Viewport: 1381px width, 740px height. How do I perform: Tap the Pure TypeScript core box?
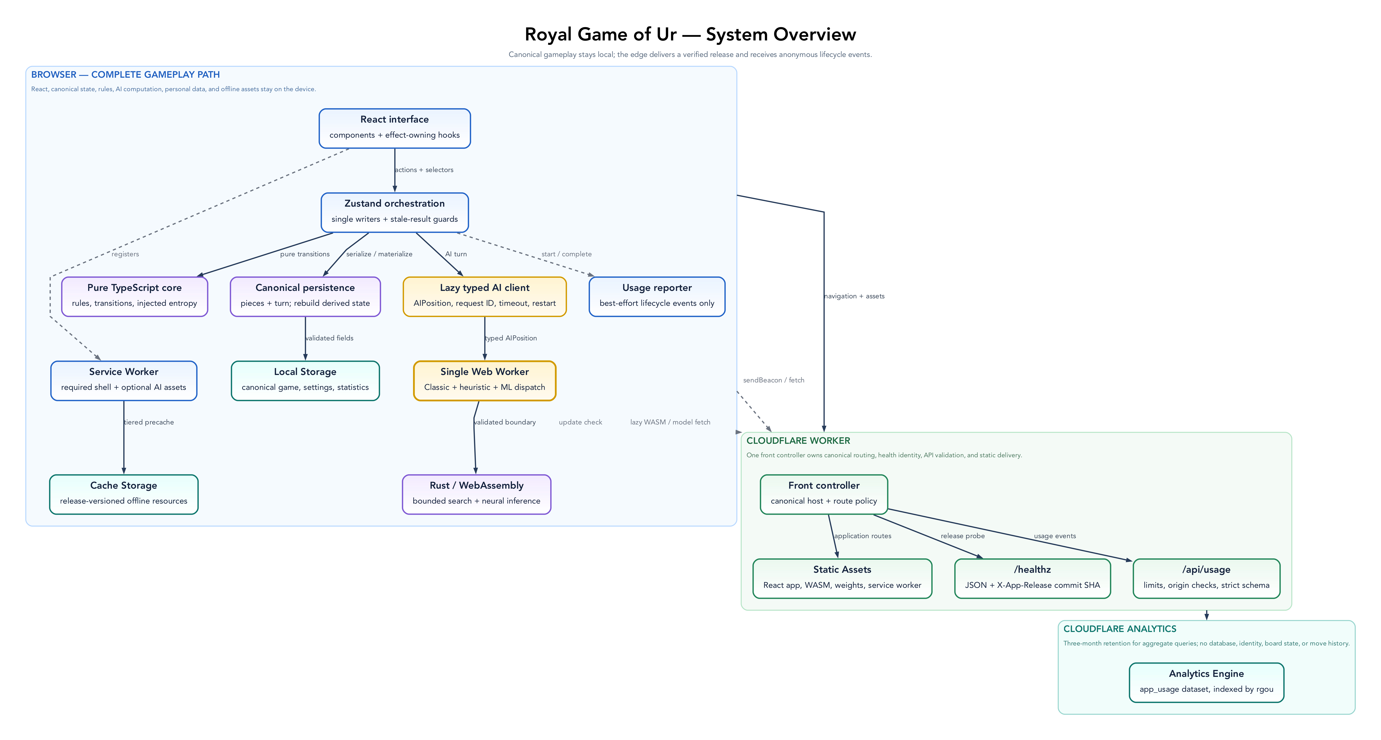pos(135,297)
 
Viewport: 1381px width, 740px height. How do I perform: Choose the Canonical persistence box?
pos(305,297)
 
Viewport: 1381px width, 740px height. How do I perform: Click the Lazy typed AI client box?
pos(485,297)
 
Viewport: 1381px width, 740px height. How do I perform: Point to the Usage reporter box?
pos(657,297)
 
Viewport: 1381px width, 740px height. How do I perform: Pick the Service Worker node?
pos(124,381)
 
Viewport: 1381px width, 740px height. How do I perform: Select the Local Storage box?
pos(305,381)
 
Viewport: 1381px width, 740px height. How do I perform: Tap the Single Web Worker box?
pos(485,381)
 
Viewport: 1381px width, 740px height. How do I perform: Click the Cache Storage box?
pos(124,494)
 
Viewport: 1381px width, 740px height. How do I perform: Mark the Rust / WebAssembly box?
pos(477,494)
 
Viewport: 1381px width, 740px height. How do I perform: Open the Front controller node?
pos(824,494)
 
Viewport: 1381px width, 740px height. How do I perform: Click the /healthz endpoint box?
pos(1032,579)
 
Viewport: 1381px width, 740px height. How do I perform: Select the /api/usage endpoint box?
pos(1206,579)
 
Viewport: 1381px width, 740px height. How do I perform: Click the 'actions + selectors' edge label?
pos(424,170)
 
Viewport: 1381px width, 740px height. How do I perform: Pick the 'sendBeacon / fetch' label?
pos(774,380)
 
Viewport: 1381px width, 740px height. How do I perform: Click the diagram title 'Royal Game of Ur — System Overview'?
pos(690,34)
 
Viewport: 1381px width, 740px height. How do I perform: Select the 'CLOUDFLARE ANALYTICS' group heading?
pos(1120,629)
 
